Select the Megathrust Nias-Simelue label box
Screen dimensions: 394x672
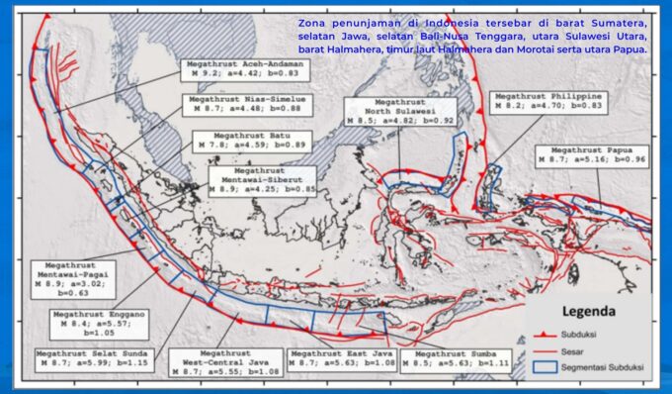point(249,105)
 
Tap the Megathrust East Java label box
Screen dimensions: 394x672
point(342,359)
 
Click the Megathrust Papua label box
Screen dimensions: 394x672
point(591,155)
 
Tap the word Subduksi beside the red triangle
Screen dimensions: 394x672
point(593,333)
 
